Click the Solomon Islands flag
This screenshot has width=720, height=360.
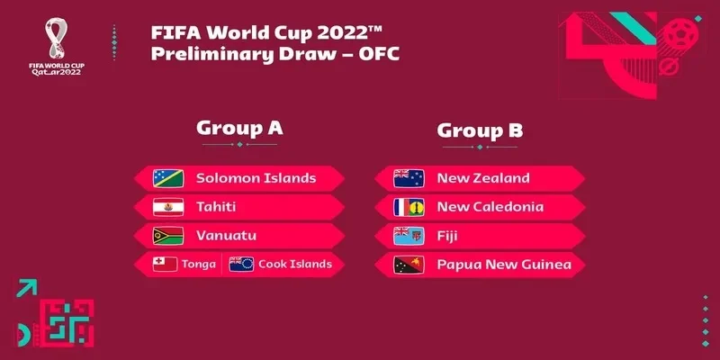(168, 178)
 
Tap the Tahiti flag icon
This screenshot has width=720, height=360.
(168, 207)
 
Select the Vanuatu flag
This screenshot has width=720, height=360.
(168, 236)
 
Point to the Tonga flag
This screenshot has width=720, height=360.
(165, 264)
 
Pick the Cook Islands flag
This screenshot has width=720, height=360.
(241, 264)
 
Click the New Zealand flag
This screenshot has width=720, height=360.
(409, 178)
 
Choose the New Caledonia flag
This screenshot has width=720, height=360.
(409, 207)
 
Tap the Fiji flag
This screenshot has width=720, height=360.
(409, 236)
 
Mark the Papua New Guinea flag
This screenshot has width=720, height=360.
(409, 265)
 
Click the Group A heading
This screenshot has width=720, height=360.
(239, 128)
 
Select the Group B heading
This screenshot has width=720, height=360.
(480, 130)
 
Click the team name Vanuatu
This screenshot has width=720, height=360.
(227, 236)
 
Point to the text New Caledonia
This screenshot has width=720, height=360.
(490, 207)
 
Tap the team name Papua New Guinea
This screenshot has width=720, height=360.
(504, 265)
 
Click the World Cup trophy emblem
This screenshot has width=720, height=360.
(56, 38)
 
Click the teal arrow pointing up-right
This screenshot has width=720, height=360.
(27, 288)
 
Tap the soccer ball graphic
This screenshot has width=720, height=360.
(680, 34)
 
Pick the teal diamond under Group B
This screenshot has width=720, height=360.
(480, 147)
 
